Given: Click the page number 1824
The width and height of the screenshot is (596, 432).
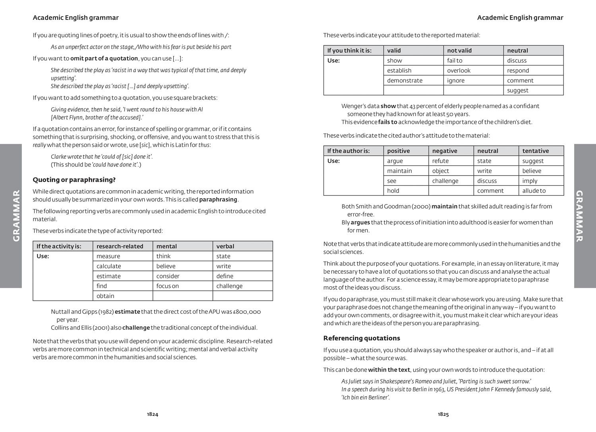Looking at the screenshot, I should pos(153,414).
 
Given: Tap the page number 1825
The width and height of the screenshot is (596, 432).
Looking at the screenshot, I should pos(443,414).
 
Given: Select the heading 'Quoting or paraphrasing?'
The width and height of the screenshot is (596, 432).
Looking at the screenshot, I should pos(74,180).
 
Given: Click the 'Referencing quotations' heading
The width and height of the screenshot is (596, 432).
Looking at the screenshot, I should pos(362,338).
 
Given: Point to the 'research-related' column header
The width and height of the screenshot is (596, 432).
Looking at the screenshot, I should pos(120,246).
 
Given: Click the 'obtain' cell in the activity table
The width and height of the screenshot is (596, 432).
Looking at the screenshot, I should pos(105,296).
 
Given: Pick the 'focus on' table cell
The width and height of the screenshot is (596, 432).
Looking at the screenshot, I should pos(168,286).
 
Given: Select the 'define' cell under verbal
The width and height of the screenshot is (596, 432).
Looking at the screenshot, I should pos(225,276).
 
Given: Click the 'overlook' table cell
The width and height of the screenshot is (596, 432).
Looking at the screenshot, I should pos(459,70).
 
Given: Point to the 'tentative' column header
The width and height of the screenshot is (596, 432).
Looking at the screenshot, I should pos(535,151).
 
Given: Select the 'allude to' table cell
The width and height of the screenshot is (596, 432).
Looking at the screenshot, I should pos(534,191).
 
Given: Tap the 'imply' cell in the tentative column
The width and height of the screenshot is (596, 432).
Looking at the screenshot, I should pos(530,181).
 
